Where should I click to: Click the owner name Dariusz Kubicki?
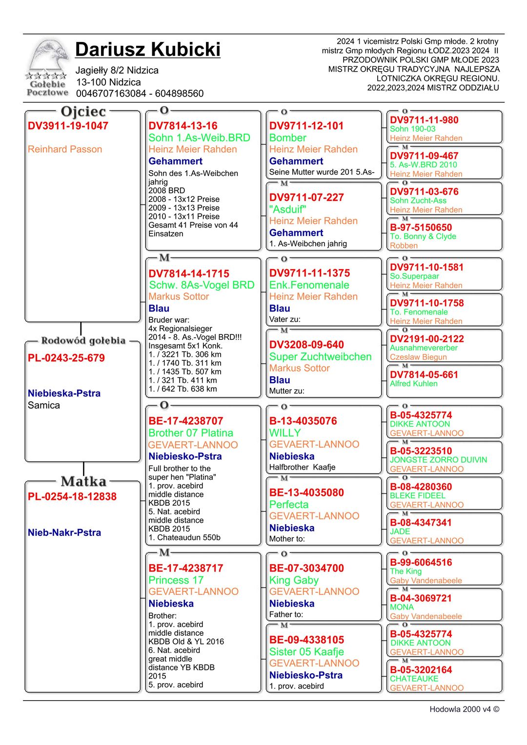pos(147,50)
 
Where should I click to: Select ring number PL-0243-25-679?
pos(66,358)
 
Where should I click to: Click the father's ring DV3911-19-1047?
pos(68,126)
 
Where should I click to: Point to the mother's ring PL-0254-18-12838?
pos(72,497)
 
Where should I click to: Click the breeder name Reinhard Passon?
pos(65,149)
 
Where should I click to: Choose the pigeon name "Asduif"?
pos(288,209)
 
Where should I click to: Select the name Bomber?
pos(288,138)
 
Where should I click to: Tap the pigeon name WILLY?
pos(285,433)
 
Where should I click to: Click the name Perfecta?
pos(289,505)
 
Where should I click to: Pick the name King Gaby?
pos(294,580)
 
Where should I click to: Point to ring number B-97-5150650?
pos(421,228)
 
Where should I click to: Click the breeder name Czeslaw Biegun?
pos(418,357)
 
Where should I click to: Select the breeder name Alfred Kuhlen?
pos(414,384)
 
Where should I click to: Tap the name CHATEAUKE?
pos(414,679)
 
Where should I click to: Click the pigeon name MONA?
pos(402,607)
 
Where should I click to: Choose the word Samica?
pos(44,405)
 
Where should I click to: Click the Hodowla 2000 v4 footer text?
pos(464,709)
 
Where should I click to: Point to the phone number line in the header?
pos(140,94)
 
